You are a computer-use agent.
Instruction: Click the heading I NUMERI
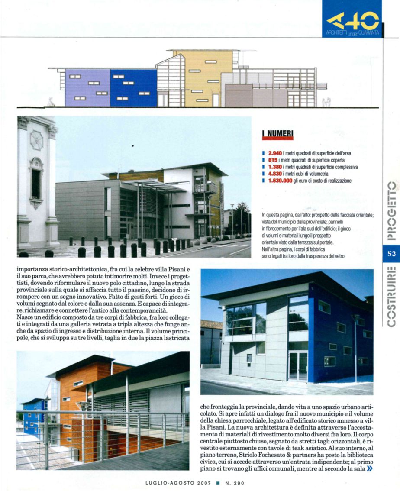277,135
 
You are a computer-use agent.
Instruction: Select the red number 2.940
275,153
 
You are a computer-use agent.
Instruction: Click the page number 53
391,254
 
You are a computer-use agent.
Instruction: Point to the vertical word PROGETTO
391,211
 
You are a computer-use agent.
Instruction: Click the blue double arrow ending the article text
369,468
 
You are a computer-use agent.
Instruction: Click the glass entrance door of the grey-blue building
298,366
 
